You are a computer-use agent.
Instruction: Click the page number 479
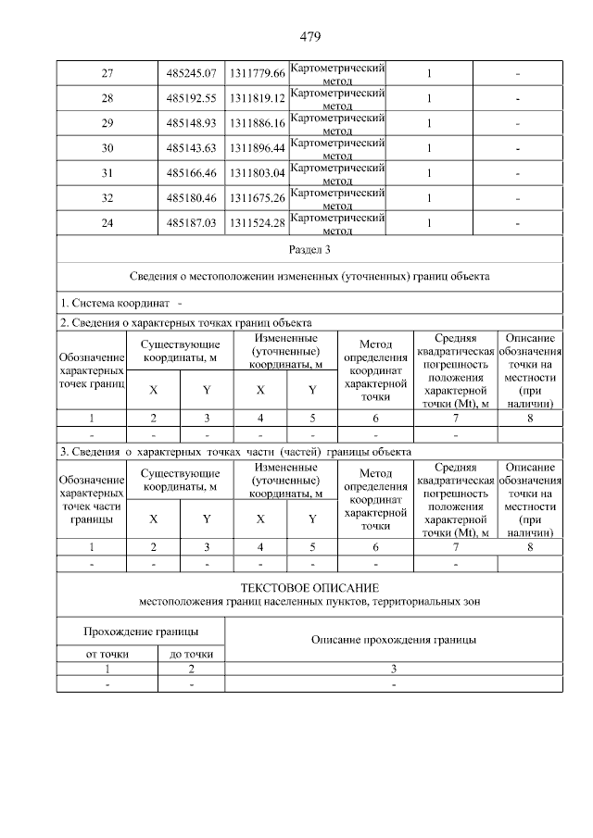309,38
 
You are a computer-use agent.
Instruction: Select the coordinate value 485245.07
191,72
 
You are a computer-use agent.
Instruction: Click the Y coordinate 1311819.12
258,97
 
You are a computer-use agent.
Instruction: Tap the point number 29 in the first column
107,122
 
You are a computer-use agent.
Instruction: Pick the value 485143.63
191,147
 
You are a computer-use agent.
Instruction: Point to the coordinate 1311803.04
258,172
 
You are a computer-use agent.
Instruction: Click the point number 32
107,197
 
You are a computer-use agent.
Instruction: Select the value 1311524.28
258,223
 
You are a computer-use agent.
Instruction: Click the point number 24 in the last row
107,223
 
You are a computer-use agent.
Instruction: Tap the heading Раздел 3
309,250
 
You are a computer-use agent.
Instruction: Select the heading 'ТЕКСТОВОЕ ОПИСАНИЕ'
309,589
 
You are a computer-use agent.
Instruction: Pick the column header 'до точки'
191,654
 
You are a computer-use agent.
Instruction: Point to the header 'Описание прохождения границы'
394,640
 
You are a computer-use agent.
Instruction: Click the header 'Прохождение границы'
141,632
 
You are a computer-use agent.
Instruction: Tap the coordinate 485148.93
191,122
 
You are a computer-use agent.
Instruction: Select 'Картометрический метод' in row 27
337,72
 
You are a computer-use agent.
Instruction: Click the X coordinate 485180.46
191,197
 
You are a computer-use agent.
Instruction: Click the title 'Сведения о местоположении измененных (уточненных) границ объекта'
309,276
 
